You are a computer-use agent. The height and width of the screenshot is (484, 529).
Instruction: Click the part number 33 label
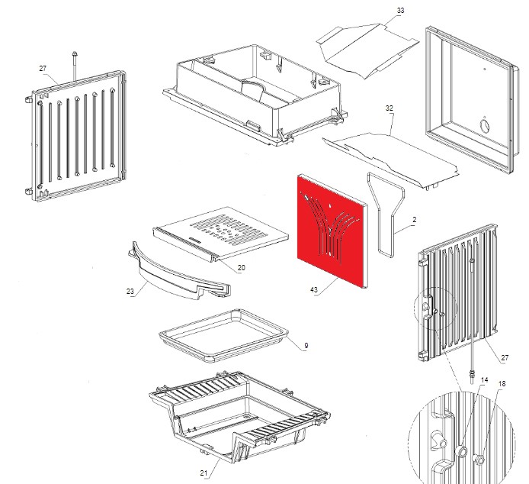(401, 11)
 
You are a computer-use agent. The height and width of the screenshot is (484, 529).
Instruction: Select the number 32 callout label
(390, 108)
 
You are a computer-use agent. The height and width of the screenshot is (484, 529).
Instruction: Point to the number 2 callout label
(414, 220)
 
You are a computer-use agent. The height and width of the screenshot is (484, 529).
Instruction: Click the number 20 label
(241, 267)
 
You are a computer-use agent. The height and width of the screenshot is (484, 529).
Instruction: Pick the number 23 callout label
(130, 291)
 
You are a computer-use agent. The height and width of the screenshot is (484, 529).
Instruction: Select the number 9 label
(306, 346)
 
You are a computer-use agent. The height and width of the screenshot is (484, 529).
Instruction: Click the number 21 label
(204, 473)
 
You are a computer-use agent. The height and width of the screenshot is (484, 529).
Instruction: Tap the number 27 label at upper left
(43, 68)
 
